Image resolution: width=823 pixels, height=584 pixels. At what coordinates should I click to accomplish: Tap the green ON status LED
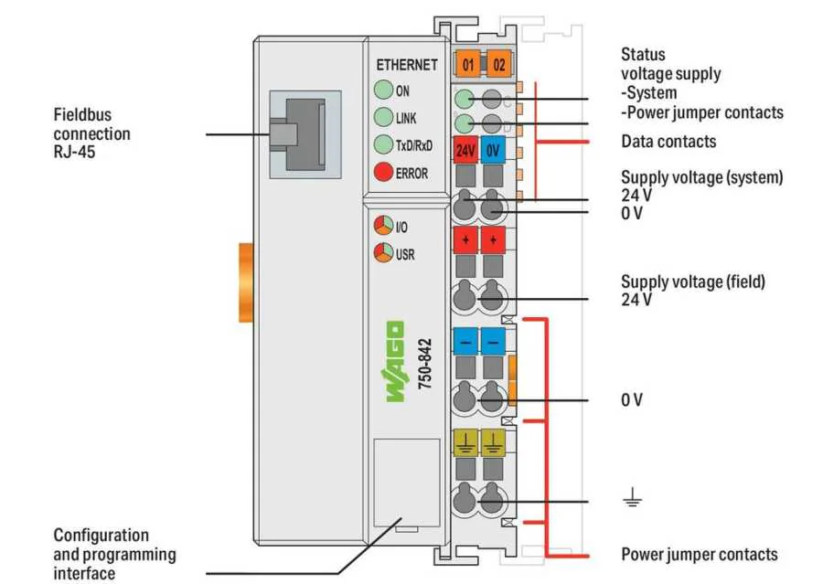(x=382, y=90)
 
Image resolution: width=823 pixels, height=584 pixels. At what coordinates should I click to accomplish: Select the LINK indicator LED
(x=382, y=117)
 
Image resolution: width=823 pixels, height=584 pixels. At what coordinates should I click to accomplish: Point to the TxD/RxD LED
(x=382, y=144)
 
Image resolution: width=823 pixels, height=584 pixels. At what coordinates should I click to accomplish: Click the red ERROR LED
(x=382, y=172)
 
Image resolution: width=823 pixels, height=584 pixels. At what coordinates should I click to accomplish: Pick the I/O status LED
(x=382, y=226)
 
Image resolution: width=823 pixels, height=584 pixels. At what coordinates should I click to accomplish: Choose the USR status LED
(x=382, y=253)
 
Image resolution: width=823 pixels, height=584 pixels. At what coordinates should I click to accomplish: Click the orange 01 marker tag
(x=467, y=65)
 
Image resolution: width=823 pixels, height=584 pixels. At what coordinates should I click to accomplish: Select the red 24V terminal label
(x=465, y=151)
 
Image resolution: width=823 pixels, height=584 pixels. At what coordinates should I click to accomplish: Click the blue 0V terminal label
(x=493, y=151)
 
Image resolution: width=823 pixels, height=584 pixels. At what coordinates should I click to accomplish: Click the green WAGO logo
(x=395, y=362)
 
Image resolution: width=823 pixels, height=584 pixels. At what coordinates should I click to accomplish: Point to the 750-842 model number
(x=424, y=366)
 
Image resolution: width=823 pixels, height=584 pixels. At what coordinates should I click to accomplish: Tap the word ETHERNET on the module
(x=407, y=65)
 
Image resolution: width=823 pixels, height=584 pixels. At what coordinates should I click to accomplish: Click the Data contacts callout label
(x=668, y=142)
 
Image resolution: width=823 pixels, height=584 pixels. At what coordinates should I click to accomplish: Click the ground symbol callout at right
(x=632, y=500)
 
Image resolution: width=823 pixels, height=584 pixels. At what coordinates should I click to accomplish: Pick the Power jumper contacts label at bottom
(x=700, y=555)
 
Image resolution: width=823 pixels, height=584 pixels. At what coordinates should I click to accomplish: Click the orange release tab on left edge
(x=244, y=282)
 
